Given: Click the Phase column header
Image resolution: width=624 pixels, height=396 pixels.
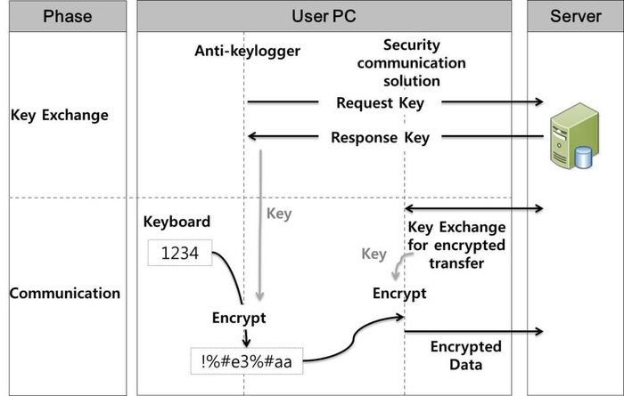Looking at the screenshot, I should (67, 16).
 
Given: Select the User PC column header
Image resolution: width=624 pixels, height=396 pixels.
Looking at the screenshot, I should (324, 16).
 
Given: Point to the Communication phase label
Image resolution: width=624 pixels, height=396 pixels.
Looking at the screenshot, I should (65, 293).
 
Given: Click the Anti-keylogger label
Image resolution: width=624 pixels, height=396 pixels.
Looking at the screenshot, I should (247, 51).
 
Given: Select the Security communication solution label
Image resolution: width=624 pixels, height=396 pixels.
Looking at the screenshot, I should (423, 63).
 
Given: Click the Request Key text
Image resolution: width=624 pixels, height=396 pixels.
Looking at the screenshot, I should (380, 102).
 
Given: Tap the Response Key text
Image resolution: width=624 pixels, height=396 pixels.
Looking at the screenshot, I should (380, 137).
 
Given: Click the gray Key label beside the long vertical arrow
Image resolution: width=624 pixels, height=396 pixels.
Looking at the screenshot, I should (279, 214).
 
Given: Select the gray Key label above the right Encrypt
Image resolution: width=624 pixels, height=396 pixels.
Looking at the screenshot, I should (374, 255).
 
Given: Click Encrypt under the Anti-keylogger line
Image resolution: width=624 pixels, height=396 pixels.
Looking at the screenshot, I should (238, 318).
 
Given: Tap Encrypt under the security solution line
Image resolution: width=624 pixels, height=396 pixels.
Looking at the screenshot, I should (399, 293).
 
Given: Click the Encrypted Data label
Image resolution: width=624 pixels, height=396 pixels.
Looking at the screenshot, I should (465, 354).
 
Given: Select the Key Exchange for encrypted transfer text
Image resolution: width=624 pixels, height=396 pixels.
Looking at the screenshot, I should (456, 244).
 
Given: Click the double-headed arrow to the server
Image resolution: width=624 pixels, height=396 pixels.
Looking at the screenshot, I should (474, 208).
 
